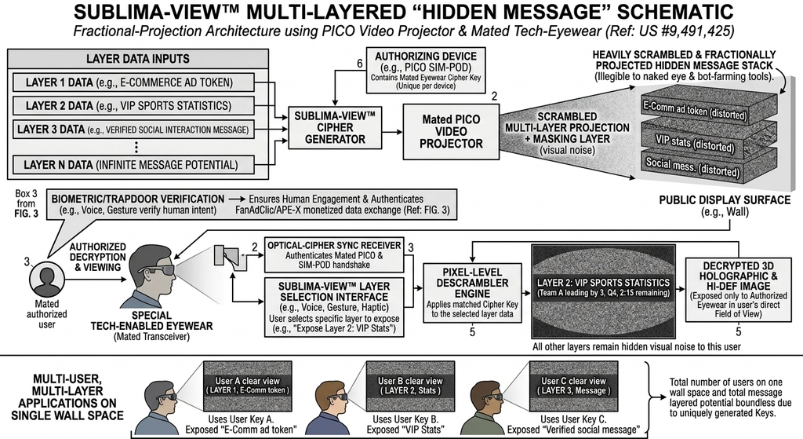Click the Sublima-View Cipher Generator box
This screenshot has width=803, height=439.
coord(335,128)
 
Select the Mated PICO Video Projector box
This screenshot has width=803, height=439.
coord(451,132)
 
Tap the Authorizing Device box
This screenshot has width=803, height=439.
coord(426,70)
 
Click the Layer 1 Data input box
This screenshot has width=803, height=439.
coord(133,82)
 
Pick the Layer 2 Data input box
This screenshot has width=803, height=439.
coord(133,106)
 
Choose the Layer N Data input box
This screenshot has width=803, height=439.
coord(133,165)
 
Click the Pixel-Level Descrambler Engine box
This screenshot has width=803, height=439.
coord(472,293)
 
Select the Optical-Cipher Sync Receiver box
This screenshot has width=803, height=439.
coord(334,254)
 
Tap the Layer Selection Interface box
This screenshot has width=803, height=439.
coord(334,307)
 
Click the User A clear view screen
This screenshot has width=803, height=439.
coord(247,386)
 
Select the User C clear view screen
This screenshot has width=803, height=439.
coord(573,386)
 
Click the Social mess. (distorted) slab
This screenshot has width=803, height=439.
coord(709,164)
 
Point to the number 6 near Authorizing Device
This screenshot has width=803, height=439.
coord(360,64)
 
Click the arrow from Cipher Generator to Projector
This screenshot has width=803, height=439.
coord(392,132)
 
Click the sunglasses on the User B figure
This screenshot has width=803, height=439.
coord(340,397)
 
